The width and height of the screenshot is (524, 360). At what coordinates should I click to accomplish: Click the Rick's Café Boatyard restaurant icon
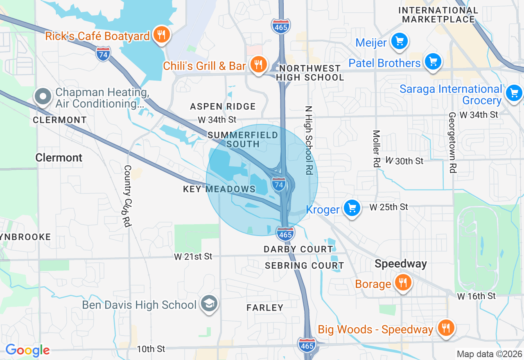(x=162, y=35)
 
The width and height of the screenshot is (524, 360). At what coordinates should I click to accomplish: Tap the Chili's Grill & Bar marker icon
(x=258, y=65)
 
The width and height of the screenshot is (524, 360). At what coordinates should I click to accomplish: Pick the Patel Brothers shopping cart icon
(x=433, y=62)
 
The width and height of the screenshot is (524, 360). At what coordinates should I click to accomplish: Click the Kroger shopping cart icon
(x=352, y=208)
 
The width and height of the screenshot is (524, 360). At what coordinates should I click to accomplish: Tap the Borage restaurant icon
(x=403, y=283)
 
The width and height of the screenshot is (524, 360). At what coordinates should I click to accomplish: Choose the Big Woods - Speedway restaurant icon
(x=445, y=328)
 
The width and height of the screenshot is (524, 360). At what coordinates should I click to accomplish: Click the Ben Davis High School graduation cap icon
(x=210, y=304)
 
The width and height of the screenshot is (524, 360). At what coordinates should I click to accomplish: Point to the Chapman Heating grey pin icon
(x=43, y=97)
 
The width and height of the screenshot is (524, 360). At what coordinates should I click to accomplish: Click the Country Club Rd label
(x=128, y=196)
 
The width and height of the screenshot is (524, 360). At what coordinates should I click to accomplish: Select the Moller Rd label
(x=377, y=148)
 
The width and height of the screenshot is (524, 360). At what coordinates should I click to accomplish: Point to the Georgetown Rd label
(x=452, y=142)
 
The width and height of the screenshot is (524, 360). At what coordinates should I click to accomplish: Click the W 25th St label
(x=388, y=207)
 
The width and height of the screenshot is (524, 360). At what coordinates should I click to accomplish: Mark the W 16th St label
(x=476, y=295)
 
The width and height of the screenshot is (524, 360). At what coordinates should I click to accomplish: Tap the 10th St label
(x=151, y=349)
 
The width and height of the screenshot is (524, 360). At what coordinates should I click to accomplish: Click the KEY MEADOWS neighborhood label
(x=219, y=189)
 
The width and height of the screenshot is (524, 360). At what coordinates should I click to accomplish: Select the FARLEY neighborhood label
(x=265, y=308)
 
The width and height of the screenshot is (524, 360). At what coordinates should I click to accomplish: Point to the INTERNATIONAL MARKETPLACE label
(x=438, y=15)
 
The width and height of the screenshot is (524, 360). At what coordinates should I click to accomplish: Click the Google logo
(x=27, y=350)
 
